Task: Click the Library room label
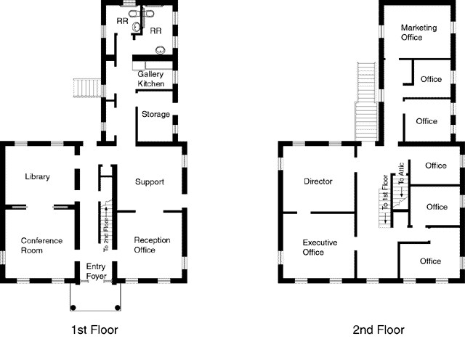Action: pyautogui.click(x=36, y=177)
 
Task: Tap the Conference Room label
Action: pyautogui.click(x=41, y=245)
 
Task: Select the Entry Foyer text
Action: pyautogui.click(x=96, y=271)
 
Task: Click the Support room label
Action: pyautogui.click(x=150, y=181)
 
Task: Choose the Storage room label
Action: pyautogui.click(x=155, y=115)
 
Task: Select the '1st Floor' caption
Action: pyautogui.click(x=94, y=330)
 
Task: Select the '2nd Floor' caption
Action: pyautogui.click(x=378, y=330)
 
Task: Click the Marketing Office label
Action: pyautogui.click(x=418, y=33)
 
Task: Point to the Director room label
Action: pyautogui.click(x=318, y=181)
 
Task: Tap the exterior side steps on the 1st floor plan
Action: pyautogui.click(x=86, y=88)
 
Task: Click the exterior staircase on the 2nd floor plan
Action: pyautogui.click(x=366, y=102)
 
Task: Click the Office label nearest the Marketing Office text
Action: pyautogui.click(x=431, y=79)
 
